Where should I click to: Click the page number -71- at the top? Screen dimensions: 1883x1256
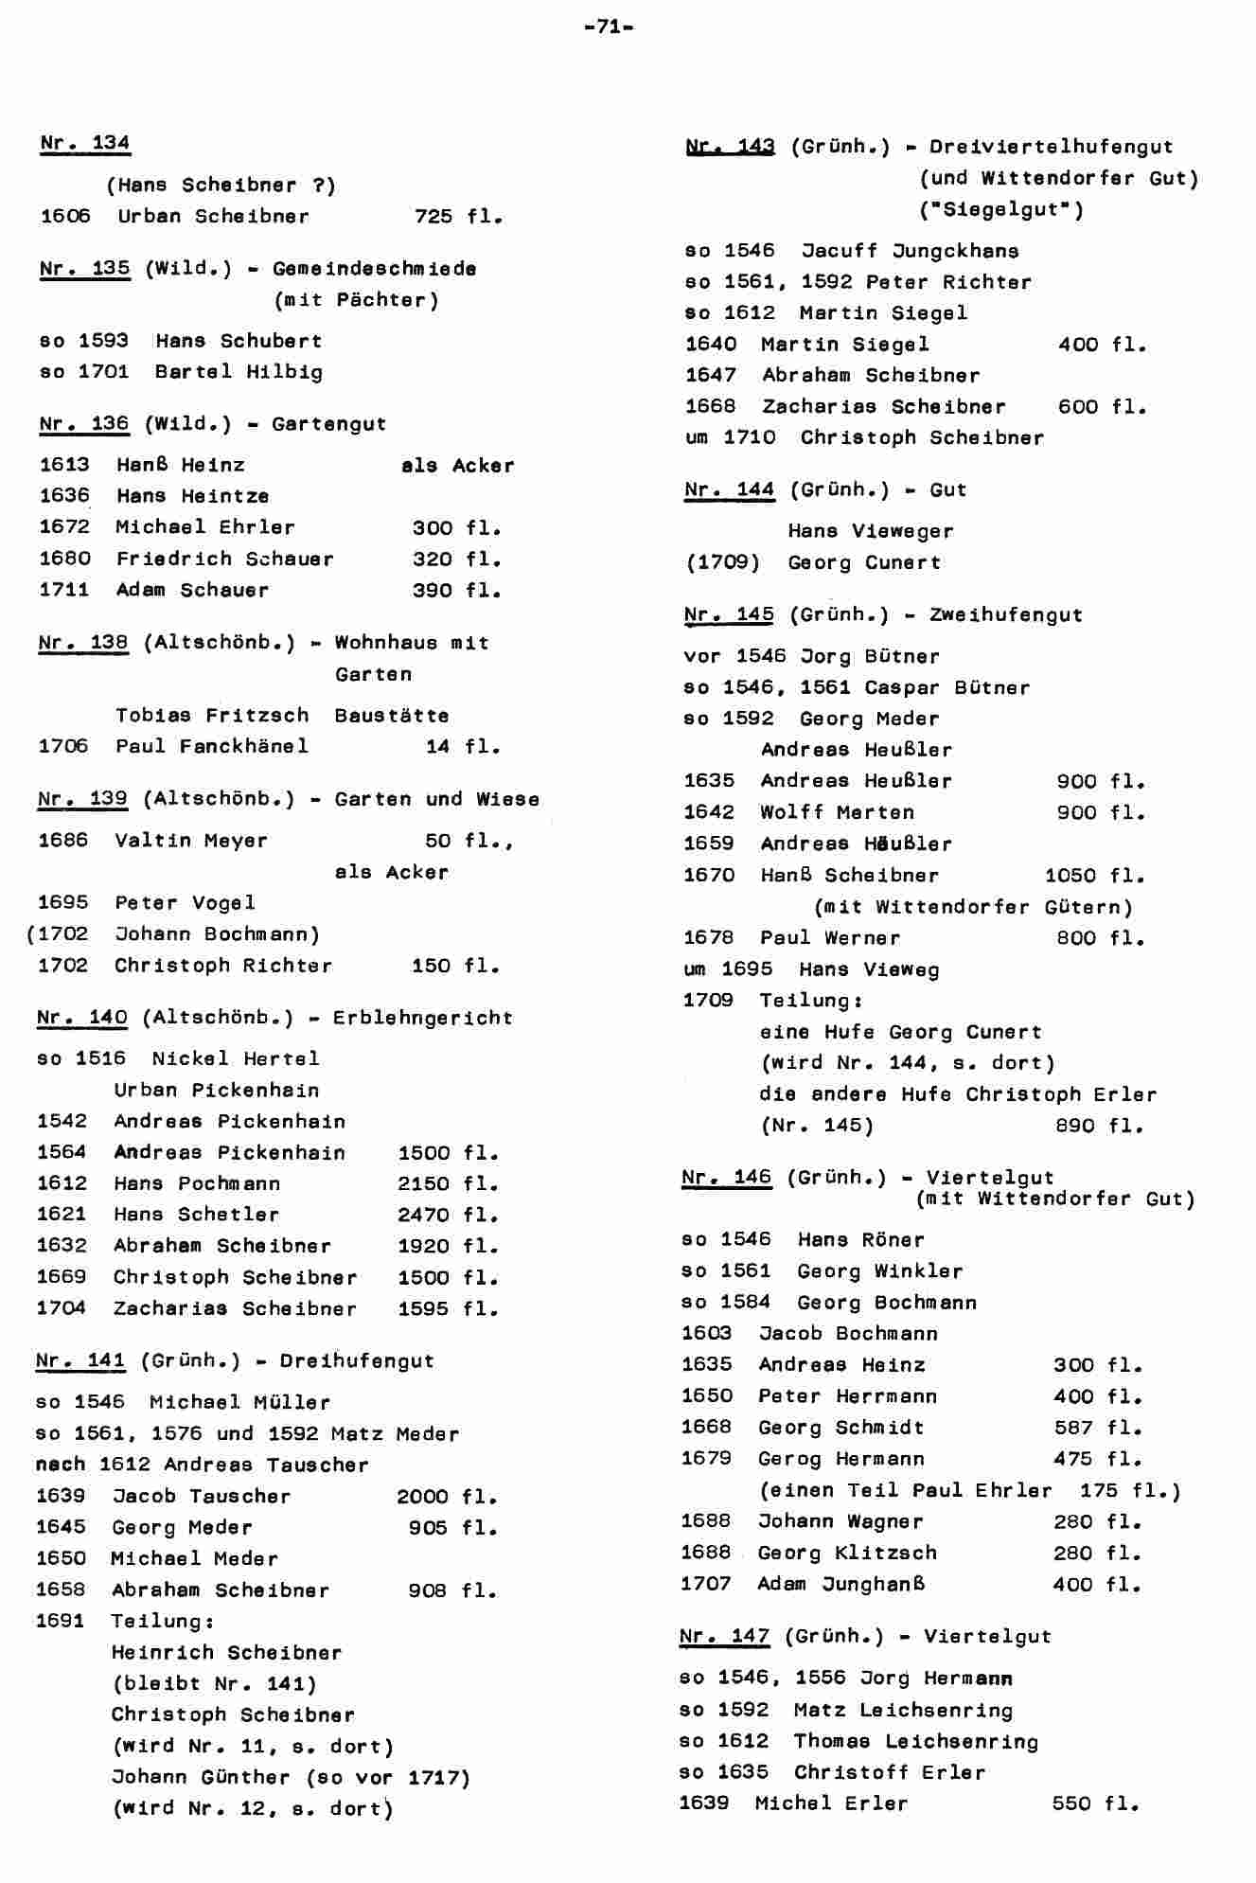[609, 27]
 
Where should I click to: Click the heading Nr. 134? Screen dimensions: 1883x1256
[85, 143]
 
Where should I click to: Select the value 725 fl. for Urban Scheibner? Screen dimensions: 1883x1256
[458, 217]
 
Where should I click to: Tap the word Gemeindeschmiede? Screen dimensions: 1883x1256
[374, 269]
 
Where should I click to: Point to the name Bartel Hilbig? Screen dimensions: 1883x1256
[239, 372]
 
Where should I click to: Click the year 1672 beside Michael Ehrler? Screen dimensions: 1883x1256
[64, 527]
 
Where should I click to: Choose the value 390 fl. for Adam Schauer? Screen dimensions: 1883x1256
[456, 591]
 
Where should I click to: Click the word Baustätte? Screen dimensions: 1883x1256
[391, 716]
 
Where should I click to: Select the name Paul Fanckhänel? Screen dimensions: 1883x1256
[212, 747]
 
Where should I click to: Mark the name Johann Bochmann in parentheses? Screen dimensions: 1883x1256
[217, 934]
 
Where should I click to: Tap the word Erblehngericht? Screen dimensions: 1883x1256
[422, 1019]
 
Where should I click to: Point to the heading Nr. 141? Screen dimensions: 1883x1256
[80, 1361]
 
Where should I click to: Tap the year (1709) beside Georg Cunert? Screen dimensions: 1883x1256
[722, 563]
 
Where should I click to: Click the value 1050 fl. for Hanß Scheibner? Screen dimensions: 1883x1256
[1094, 876]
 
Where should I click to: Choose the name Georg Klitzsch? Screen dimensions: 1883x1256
[847, 1553]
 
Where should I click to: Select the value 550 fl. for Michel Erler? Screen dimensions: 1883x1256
[1095, 1804]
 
